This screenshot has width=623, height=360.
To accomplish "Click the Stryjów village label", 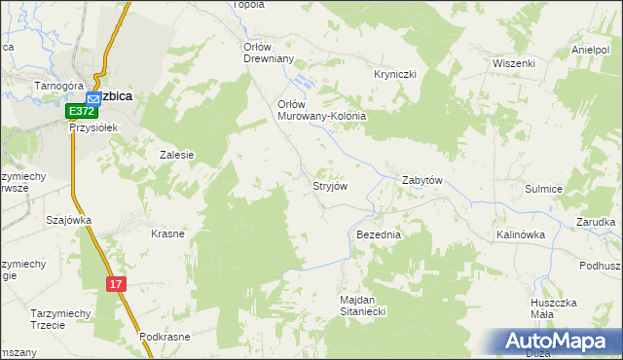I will point(329,185).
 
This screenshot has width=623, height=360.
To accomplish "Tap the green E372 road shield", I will point(81,113).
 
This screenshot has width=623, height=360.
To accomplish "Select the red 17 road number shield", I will point(116,283).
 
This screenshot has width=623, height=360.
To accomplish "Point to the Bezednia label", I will point(379,235).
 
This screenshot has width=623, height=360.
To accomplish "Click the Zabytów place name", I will point(422,180).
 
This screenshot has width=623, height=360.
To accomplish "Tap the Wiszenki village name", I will point(514,63).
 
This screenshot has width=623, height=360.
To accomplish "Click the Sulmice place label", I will point(544,190).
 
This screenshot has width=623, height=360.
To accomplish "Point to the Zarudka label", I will point(596,223).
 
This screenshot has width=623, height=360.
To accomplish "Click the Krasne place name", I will point(167,234).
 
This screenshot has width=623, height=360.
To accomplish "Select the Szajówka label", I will point(68,220).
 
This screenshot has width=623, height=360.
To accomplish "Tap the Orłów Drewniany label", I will point(268,52).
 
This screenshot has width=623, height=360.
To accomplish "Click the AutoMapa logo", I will point(557,341).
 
